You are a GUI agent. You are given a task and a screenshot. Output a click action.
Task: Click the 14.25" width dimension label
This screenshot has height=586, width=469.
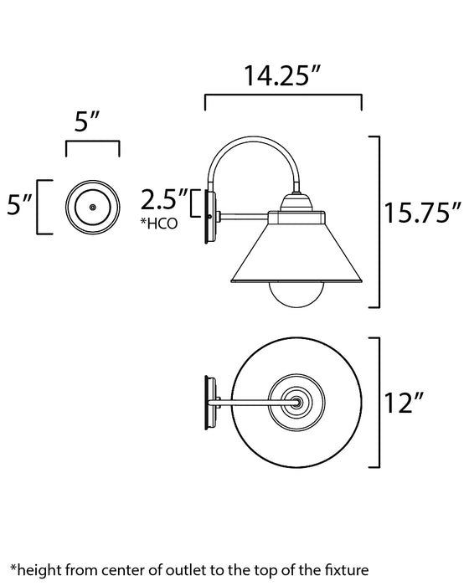283,78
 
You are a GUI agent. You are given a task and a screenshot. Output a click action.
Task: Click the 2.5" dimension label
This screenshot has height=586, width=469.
163,201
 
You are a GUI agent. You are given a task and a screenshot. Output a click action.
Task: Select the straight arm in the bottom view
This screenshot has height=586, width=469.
251,404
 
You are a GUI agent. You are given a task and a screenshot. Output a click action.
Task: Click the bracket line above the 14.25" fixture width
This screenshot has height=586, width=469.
283,98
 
